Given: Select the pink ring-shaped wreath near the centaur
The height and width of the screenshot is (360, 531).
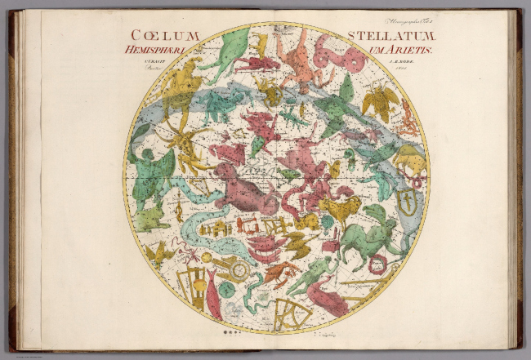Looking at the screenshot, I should coord(377,264).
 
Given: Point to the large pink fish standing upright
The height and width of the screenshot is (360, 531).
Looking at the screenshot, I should coord(215,296).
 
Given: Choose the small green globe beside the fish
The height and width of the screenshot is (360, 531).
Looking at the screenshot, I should coord(226,288).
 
